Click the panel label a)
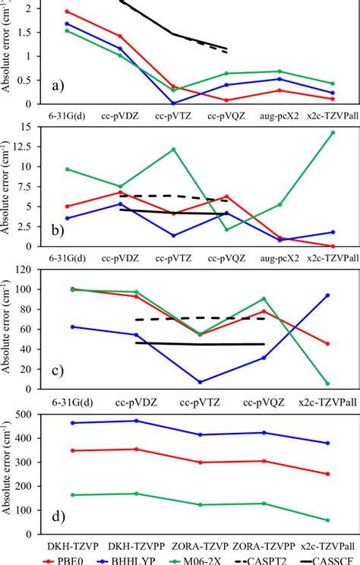(58, 87)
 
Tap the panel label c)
(58, 371)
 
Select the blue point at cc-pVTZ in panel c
(201, 382)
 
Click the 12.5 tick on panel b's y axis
(30, 146)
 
